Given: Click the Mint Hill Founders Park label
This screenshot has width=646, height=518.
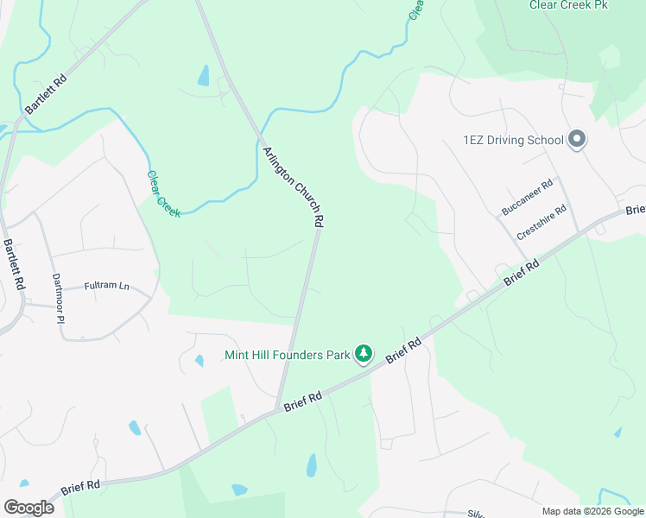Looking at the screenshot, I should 288,355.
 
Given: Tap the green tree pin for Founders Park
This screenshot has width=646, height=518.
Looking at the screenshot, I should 364,354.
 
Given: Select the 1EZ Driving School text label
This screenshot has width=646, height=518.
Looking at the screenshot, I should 513,139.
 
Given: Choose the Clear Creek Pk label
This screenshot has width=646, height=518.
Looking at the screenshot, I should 568,5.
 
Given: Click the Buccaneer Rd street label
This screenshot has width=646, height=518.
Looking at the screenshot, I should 527,198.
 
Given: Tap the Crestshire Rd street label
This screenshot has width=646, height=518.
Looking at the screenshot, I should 541,223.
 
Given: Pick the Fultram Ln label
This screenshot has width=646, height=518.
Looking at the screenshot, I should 106,286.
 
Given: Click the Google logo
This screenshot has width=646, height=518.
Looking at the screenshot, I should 28,507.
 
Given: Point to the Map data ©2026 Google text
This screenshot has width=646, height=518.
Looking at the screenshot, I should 592,511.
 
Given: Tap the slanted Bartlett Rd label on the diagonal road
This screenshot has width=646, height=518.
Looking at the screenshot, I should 45,94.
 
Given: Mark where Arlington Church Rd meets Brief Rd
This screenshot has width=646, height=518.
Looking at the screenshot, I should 278,408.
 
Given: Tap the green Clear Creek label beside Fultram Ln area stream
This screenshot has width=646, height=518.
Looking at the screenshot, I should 162,193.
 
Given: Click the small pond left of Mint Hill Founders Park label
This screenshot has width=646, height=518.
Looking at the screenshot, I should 199,360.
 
